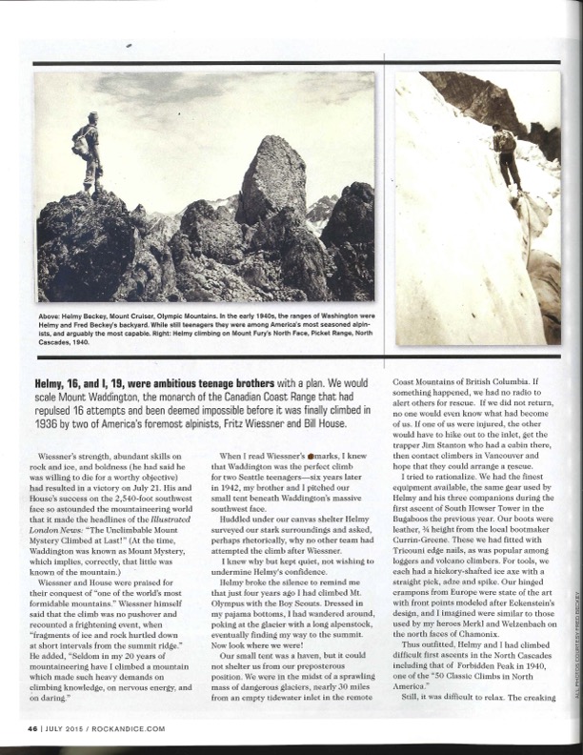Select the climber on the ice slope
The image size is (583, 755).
pos(505,153)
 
